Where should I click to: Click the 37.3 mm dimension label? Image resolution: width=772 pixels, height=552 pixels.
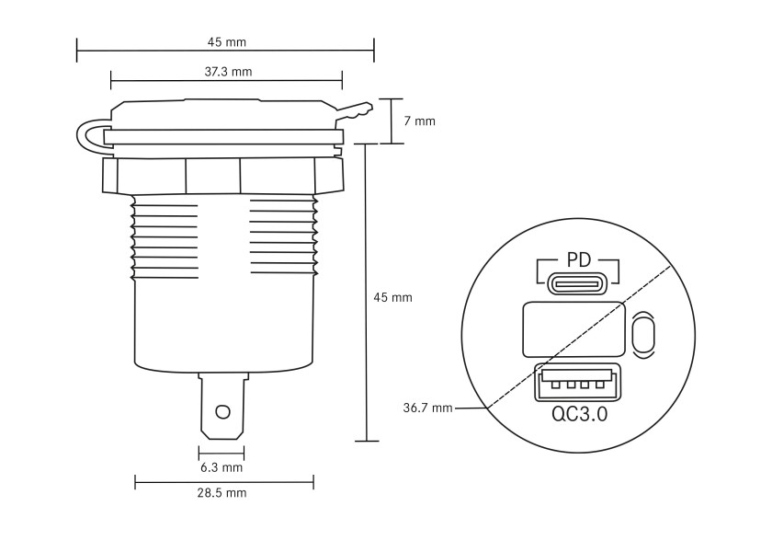pyautogui.click(x=228, y=72)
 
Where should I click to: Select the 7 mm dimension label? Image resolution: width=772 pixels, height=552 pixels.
pyautogui.click(x=419, y=121)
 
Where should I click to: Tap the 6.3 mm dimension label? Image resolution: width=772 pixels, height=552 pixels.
pyautogui.click(x=221, y=467)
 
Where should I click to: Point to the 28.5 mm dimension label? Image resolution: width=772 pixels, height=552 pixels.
pyautogui.click(x=222, y=493)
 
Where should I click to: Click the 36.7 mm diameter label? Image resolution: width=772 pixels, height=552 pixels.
pyautogui.click(x=427, y=408)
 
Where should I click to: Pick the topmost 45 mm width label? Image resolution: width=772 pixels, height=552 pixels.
pyautogui.click(x=226, y=42)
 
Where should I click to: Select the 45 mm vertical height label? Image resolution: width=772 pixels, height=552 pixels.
pyautogui.click(x=392, y=298)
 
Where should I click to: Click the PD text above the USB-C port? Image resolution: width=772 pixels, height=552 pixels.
pyautogui.click(x=578, y=259)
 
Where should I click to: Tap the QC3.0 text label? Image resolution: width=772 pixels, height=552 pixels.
pyautogui.click(x=579, y=414)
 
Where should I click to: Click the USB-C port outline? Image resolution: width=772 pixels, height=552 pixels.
pyautogui.click(x=578, y=284)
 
